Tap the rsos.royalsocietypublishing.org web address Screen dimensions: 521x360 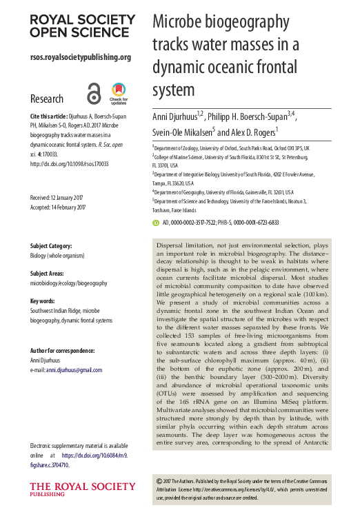click(x=81, y=57)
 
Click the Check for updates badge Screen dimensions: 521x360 click(x=118, y=93)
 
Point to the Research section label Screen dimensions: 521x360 click(x=47, y=99)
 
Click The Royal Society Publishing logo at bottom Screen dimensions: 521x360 click(x=72, y=491)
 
